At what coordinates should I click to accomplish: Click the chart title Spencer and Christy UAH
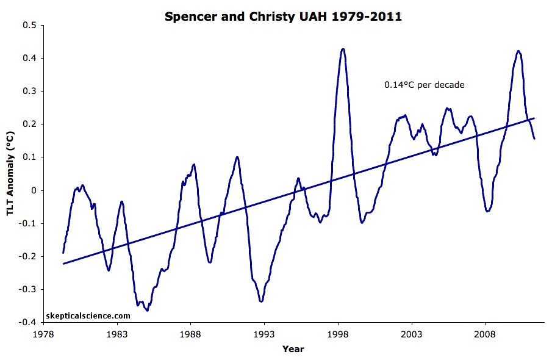(x=283, y=16)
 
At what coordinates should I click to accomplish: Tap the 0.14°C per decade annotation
(x=424, y=85)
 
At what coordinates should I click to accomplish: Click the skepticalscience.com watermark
(x=88, y=316)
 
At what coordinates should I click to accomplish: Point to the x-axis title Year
(x=293, y=349)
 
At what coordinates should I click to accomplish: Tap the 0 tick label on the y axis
(x=34, y=190)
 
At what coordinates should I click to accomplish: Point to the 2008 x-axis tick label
(x=485, y=334)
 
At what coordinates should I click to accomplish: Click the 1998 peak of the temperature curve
(x=343, y=49)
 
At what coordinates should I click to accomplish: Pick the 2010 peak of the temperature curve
(x=518, y=51)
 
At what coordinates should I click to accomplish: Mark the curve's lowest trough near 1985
(x=147, y=311)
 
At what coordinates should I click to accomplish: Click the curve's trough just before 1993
(x=261, y=301)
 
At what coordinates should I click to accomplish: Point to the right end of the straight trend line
(x=534, y=118)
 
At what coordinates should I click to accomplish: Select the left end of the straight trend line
(x=63, y=264)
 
